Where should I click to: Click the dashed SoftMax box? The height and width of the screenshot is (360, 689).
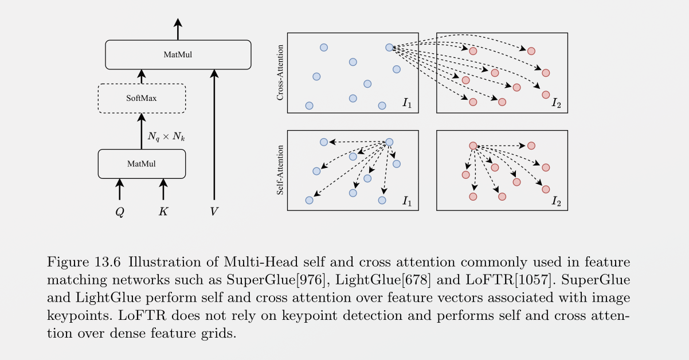click(142, 98)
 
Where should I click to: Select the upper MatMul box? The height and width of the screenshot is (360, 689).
click(178, 55)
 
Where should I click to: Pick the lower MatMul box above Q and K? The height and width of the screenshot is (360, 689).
click(142, 164)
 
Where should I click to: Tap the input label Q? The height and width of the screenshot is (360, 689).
click(120, 212)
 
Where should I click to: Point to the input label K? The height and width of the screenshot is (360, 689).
click(163, 212)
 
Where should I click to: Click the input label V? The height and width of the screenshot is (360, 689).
click(214, 212)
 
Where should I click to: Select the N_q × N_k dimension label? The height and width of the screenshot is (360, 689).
click(166, 137)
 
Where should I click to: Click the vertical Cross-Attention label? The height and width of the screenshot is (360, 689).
click(280, 73)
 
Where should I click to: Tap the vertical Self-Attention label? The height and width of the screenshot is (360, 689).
click(280, 170)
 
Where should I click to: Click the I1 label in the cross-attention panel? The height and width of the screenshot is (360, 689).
click(406, 104)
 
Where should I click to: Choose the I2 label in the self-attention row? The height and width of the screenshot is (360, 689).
click(556, 201)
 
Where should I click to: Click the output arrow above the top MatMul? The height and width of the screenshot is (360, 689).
click(178, 29)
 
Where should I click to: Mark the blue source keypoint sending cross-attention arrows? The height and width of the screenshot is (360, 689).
click(389, 48)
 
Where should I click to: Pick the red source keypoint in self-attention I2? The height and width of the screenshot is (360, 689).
click(473, 146)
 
